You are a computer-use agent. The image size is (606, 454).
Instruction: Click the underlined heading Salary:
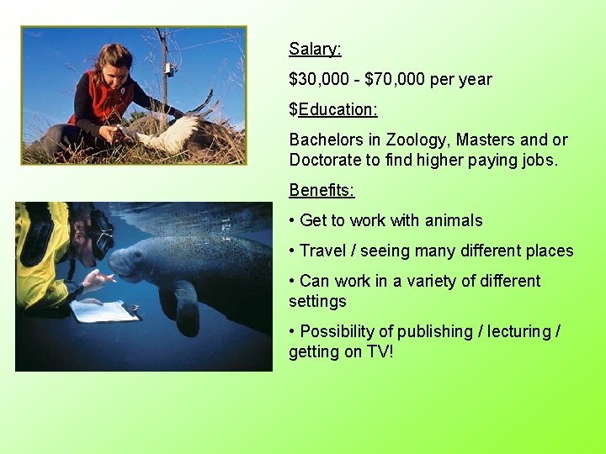click(x=315, y=49)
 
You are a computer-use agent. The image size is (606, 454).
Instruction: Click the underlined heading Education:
click(x=338, y=109)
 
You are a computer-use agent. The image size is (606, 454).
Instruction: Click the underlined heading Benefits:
click(x=322, y=190)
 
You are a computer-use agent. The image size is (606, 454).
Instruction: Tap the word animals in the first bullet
click(x=454, y=220)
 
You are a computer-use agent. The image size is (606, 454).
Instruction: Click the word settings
click(x=317, y=301)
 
